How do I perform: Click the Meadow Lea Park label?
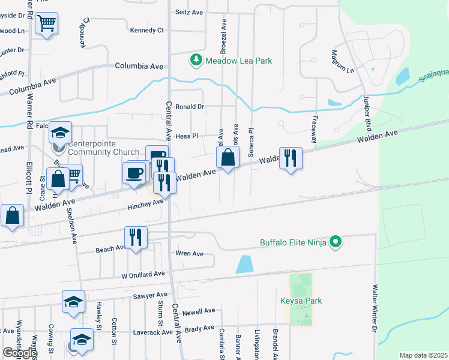[239, 61]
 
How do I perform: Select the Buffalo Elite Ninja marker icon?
[336, 242]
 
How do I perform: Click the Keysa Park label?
[301, 301]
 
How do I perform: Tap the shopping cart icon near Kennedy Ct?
[46, 24]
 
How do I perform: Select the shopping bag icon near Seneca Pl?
[228, 158]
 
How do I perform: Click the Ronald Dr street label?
[190, 107]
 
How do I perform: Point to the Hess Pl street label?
[187, 137]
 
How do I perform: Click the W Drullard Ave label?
[143, 274]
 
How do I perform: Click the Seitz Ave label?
[189, 11]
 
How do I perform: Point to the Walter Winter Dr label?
[375, 308]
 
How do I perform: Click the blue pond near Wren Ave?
[244, 264]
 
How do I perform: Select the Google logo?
[19, 353]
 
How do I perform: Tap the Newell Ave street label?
[199, 311]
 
